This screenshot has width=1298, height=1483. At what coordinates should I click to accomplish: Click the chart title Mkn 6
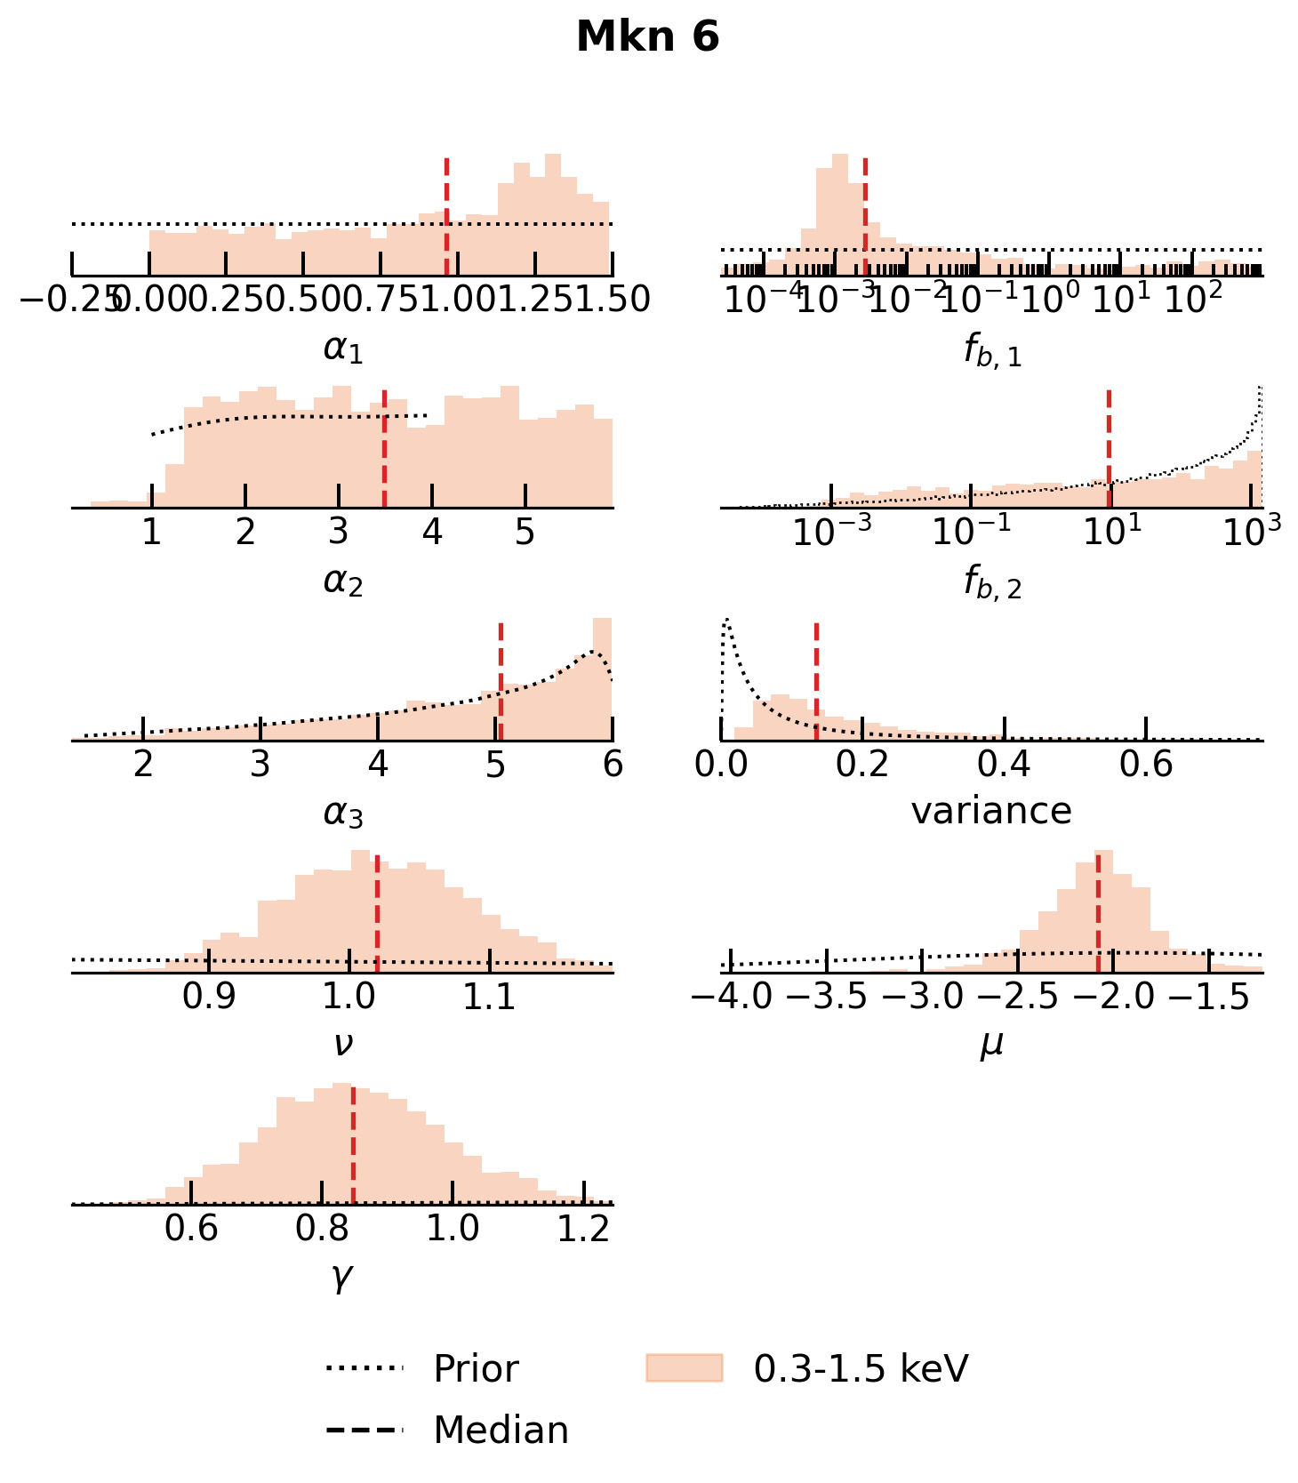pos(647,38)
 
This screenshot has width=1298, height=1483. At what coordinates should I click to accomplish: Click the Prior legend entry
pos(476,1368)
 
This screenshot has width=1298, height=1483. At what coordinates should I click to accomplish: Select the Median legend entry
pos(501,1431)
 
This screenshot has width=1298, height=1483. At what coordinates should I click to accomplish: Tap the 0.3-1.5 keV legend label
pos(860,1368)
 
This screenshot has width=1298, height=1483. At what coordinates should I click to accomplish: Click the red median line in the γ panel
pos(353,1147)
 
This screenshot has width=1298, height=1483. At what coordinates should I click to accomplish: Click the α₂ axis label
pos(343,581)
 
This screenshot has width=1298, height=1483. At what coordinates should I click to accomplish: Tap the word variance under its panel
pos(991,811)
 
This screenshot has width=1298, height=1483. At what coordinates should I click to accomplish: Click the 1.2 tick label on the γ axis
pos(583,1229)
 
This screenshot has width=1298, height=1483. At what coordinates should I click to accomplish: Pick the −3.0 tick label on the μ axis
pos(923,998)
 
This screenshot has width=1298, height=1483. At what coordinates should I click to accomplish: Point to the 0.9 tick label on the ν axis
pos(209,998)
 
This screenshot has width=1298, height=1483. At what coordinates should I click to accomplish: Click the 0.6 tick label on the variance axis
pos(1146,766)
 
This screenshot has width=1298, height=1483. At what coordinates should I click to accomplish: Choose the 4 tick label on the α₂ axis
pos(432,533)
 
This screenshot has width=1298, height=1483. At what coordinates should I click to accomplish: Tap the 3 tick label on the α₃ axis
pos(260,766)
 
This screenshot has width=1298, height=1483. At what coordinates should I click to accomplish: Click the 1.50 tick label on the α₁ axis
pos(612,301)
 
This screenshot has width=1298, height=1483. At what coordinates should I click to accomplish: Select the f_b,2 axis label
pos(992,583)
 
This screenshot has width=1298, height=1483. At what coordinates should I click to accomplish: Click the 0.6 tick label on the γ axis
pos(191,1229)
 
